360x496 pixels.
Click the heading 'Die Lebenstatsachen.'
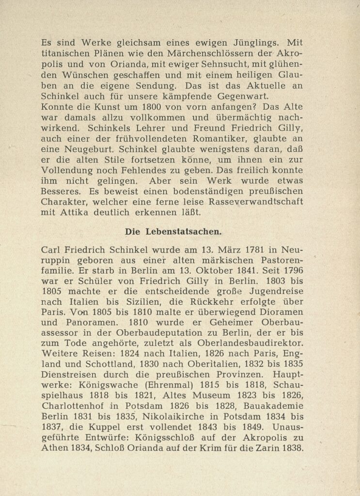click(173, 232)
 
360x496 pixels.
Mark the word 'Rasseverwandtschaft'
click(256, 201)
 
